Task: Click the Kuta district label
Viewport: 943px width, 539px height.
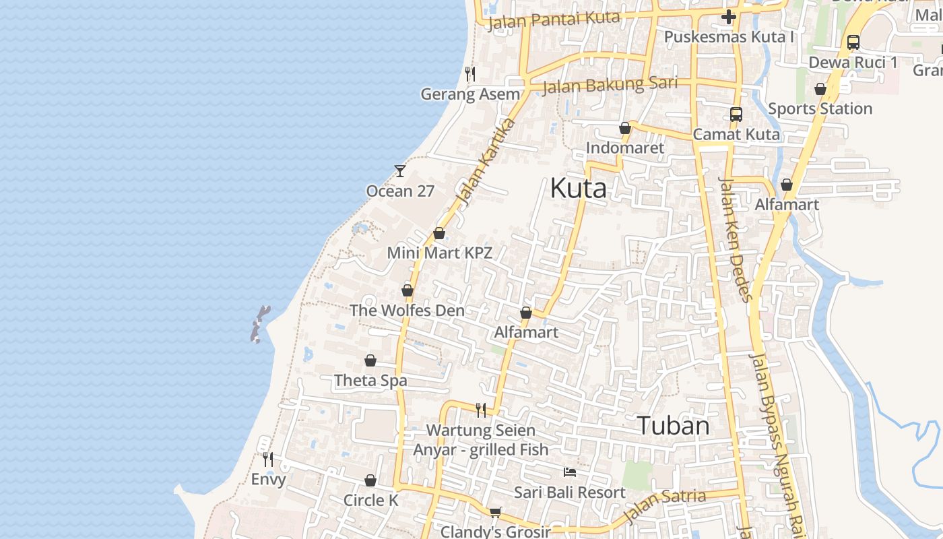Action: (578, 188)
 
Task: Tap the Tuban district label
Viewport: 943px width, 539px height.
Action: (673, 426)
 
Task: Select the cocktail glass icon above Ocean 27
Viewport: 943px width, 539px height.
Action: (400, 171)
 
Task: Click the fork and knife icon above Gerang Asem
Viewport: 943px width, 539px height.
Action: (470, 74)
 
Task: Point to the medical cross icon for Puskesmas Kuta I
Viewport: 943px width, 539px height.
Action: (728, 17)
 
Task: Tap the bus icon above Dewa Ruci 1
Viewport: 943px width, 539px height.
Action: (853, 42)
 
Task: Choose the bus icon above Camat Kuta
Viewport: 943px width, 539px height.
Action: (736, 115)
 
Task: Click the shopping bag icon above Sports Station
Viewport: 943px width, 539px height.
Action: (820, 89)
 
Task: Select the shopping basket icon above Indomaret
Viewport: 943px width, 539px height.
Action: (625, 128)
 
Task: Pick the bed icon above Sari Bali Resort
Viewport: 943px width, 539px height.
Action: (570, 472)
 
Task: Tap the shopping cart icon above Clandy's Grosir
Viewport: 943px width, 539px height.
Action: (496, 512)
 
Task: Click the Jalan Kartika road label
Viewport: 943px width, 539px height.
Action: (486, 161)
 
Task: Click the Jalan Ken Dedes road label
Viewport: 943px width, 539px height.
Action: (734, 239)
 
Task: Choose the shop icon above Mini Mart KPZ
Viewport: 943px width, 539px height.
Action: (439, 234)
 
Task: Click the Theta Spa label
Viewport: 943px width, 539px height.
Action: (370, 381)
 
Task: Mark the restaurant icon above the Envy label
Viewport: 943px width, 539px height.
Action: (268, 459)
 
